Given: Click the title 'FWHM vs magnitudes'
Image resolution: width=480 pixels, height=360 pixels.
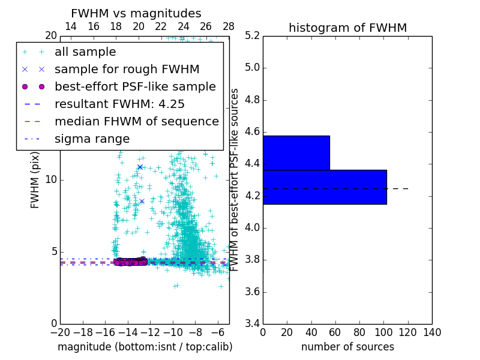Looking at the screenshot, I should [136, 13].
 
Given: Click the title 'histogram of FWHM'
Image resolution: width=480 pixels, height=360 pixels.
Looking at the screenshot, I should [347, 28].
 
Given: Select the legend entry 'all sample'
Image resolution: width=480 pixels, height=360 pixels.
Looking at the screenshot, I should [85, 52].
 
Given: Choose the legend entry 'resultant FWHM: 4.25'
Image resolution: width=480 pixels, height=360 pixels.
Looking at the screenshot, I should [119, 104].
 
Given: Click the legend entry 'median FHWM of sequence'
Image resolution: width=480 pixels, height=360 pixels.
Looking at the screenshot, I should [136, 121].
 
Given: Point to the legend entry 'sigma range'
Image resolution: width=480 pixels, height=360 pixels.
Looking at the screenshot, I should [92, 139].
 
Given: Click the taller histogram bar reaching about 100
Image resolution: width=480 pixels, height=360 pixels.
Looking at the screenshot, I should [325, 187].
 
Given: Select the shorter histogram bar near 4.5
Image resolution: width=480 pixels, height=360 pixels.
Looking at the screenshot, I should [296, 152].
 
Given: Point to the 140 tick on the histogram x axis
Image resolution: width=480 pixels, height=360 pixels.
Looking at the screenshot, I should [432, 333].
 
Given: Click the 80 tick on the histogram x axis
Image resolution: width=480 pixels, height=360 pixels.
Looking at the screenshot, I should [359, 333].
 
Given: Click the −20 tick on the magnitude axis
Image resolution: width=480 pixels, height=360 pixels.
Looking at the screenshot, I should [60, 333].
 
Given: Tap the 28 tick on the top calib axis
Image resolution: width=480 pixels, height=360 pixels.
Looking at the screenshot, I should [229, 26].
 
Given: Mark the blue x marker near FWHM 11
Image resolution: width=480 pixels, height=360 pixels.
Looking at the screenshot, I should [140, 167].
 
